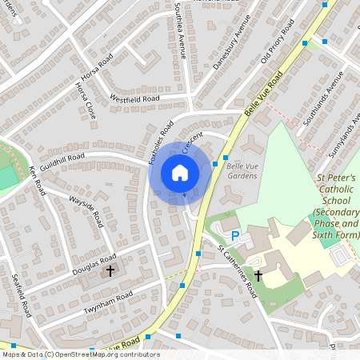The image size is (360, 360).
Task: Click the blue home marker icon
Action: point(180,172)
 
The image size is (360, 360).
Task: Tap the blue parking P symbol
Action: point(234,236)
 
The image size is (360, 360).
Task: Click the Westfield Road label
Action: point(134,99)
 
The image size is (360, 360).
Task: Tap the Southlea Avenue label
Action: point(180,30)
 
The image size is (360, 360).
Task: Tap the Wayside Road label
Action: point(86,209)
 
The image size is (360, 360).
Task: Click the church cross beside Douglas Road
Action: point(110,272)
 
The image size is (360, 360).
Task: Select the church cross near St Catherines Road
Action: point(258,276)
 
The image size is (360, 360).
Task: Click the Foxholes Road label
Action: point(161,143)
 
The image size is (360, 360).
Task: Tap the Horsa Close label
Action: point(85,100)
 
